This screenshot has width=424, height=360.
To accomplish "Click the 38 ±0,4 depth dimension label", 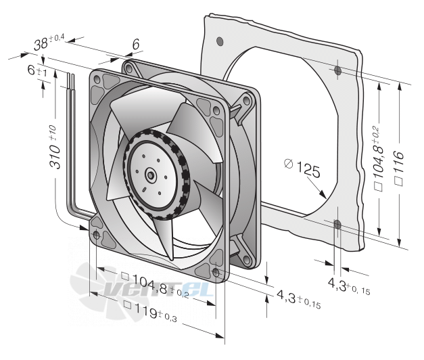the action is [49, 43].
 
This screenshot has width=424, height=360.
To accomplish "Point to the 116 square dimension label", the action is [398, 168].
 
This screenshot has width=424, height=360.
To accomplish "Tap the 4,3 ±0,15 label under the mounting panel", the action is [349, 286].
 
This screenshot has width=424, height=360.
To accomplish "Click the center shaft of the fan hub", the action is [150, 175].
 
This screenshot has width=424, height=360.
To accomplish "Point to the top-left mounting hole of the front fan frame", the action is [97, 79].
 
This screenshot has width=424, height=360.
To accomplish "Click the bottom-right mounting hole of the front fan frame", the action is [216, 273].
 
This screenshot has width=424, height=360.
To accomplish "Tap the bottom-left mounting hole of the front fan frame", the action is [97, 235].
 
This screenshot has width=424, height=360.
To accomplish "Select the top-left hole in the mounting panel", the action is [220, 41].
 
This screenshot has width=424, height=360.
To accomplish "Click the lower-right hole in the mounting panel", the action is [337, 225].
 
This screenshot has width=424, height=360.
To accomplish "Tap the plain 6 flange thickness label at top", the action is [136, 45].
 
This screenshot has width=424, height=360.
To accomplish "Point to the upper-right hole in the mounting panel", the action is [337, 70].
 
